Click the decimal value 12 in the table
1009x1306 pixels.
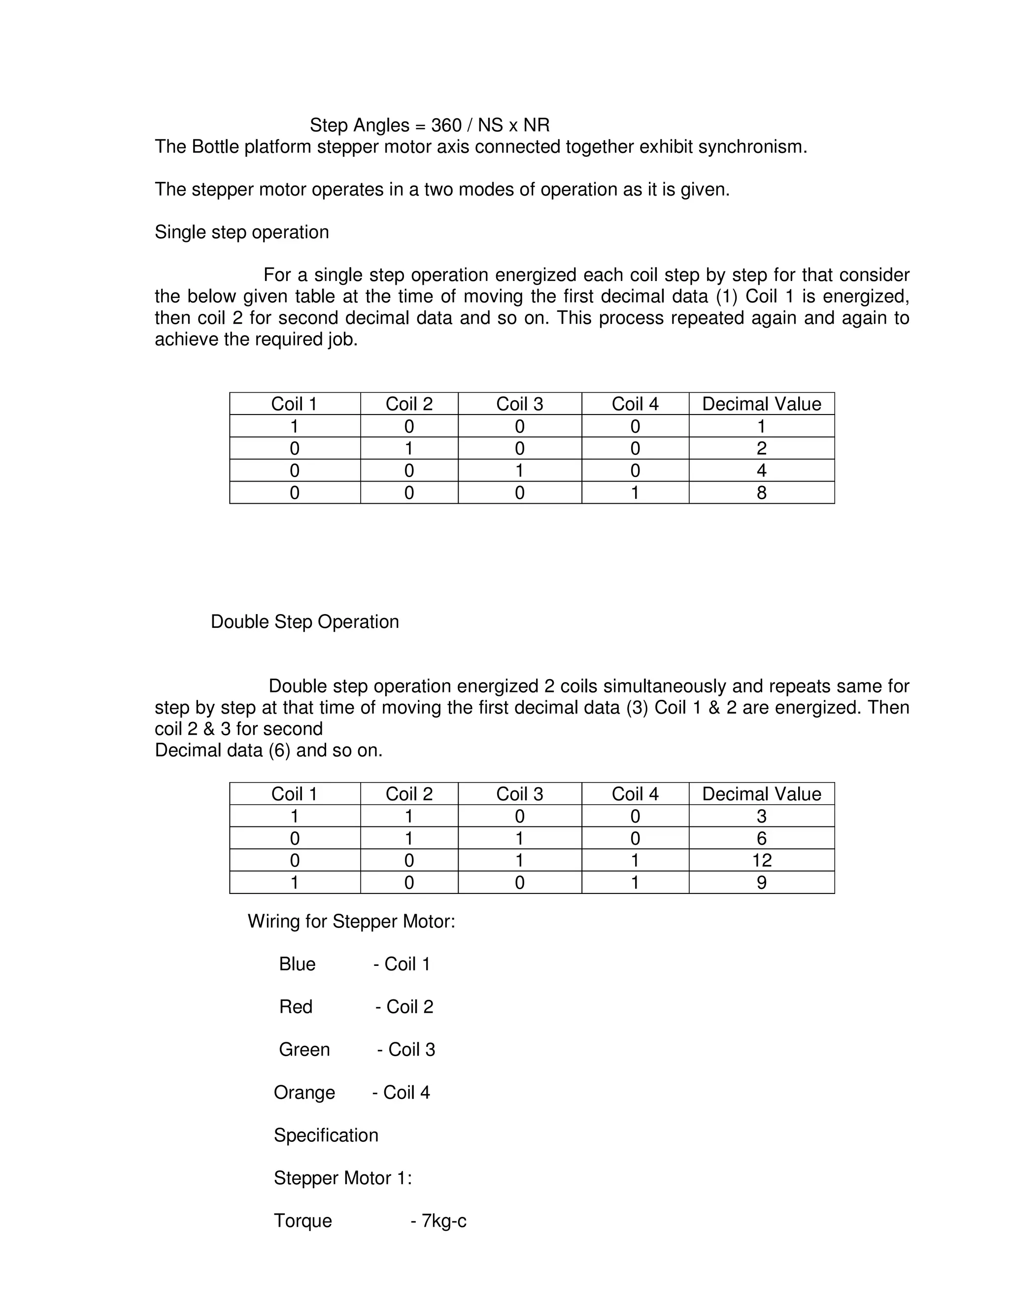(x=762, y=860)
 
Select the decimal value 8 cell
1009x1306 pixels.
(x=762, y=493)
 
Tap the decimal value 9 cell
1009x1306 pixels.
(x=762, y=883)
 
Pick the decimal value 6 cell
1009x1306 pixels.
(x=762, y=838)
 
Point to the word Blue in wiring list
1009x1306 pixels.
(x=297, y=964)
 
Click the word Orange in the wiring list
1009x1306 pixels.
(x=304, y=1093)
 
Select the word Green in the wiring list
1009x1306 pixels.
(x=304, y=1049)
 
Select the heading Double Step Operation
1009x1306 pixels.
(x=305, y=622)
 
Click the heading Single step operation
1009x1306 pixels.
(x=241, y=232)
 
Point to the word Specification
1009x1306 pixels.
(x=326, y=1135)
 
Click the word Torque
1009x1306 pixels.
(x=303, y=1220)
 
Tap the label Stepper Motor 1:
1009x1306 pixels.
(x=342, y=1178)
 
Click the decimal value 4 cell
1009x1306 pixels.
(x=762, y=471)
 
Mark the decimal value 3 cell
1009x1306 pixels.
(x=762, y=816)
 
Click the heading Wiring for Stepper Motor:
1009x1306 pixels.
(x=351, y=922)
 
